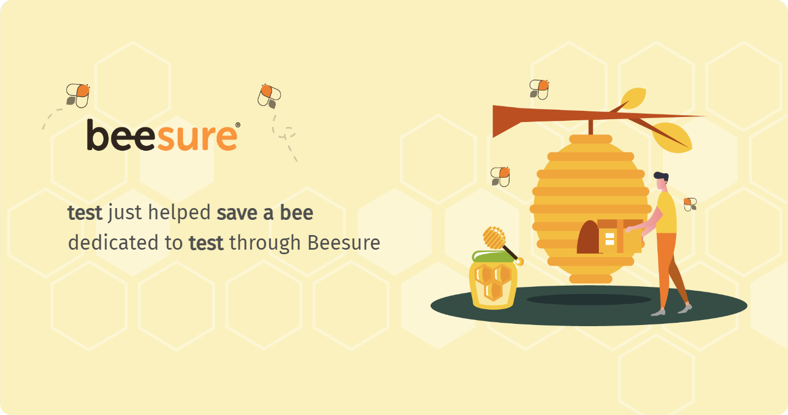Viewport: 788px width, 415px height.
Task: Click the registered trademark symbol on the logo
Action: click(x=238, y=125)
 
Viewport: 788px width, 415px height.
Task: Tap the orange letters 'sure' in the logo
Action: click(x=197, y=137)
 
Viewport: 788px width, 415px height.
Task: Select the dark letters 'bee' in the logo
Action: click(x=120, y=135)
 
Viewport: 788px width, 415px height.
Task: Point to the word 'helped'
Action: click(x=179, y=213)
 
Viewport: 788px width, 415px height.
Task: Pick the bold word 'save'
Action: click(x=237, y=213)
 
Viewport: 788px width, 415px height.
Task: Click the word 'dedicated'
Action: click(x=113, y=242)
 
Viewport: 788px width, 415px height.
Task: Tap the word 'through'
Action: click(x=265, y=243)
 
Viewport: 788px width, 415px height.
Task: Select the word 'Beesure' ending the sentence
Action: click(x=344, y=243)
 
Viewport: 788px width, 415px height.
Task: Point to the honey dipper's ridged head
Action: click(x=494, y=237)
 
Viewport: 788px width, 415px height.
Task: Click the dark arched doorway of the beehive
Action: click(x=588, y=237)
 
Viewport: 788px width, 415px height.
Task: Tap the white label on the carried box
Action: click(x=610, y=239)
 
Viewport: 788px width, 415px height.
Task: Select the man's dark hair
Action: click(x=662, y=177)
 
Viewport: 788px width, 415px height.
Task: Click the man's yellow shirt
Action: click(x=666, y=213)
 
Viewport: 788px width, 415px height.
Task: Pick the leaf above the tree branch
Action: click(x=634, y=98)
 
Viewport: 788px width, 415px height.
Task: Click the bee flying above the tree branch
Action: click(x=539, y=89)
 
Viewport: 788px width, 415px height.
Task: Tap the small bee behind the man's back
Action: click(x=690, y=204)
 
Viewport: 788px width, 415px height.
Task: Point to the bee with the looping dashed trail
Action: click(x=270, y=96)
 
